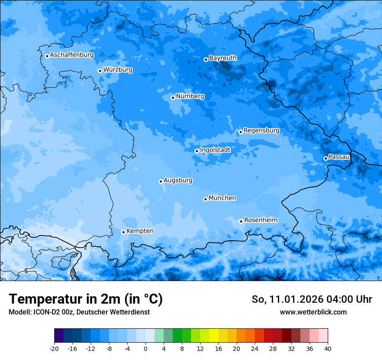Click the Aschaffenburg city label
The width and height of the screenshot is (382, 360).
(x=72, y=55)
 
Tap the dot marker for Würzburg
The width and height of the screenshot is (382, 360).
(x=100, y=71)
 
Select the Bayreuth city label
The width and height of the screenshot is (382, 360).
(x=223, y=58)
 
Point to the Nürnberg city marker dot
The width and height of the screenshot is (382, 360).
(x=173, y=98)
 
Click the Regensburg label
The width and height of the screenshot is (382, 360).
(x=261, y=130)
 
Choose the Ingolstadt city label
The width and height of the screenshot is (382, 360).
(x=215, y=150)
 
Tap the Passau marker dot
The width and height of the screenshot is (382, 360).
(x=326, y=158)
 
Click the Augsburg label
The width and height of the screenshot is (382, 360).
(x=178, y=180)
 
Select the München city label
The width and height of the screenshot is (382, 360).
(x=222, y=198)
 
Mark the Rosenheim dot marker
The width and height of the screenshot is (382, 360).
(x=241, y=221)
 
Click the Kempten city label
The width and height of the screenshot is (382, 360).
(x=140, y=231)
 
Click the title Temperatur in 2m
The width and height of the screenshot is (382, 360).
(x=86, y=299)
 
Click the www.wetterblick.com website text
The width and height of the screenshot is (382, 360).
(x=313, y=312)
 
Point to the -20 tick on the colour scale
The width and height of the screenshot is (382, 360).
(x=54, y=348)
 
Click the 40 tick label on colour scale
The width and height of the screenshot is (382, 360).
(x=327, y=348)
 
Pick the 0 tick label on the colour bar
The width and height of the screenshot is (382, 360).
(x=145, y=348)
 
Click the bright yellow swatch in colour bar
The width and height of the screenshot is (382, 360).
(x=214, y=336)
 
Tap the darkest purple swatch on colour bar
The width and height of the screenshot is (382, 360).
(x=59, y=336)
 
